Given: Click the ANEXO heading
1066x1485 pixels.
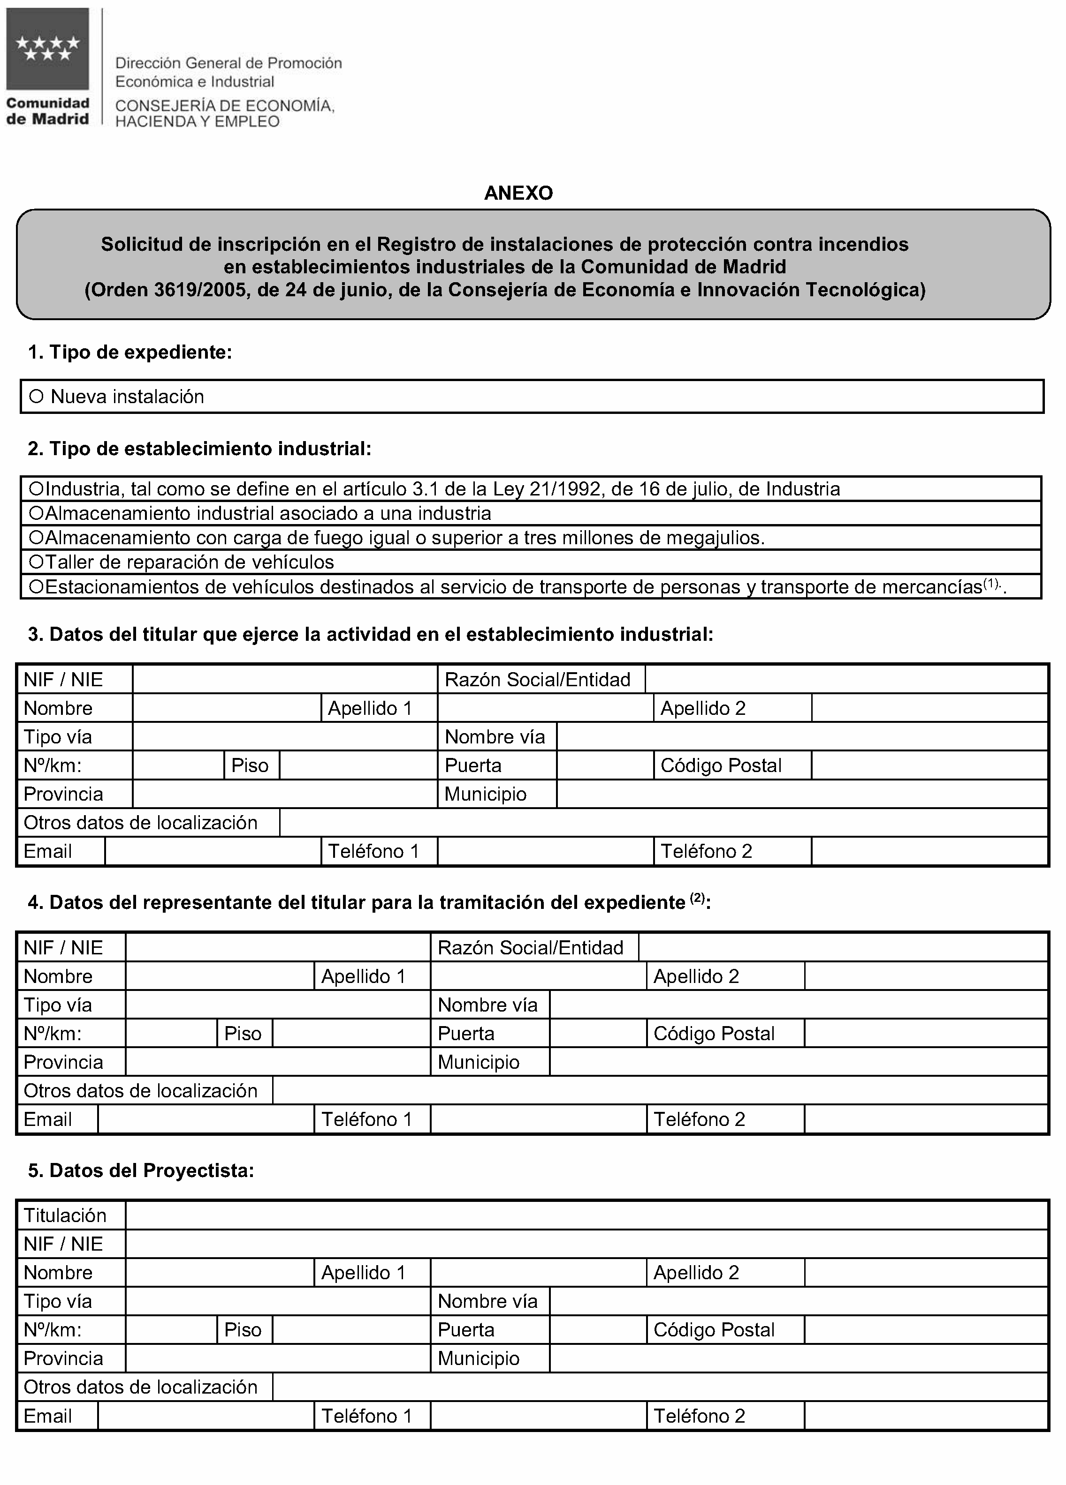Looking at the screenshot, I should (518, 193).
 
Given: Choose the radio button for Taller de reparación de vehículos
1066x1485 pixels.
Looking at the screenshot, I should (36, 562).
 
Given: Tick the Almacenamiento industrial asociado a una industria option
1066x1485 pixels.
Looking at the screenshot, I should (36, 513).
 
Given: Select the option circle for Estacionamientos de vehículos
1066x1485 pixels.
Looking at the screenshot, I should (36, 587).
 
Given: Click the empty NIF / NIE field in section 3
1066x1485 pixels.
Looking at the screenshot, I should (284, 680).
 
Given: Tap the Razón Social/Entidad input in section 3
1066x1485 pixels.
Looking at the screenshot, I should (846, 680).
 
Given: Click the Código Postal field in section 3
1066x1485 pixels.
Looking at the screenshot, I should (929, 765).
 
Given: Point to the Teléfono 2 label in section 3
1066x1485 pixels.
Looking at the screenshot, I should (706, 851).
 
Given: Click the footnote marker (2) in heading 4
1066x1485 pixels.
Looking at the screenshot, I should (697, 899).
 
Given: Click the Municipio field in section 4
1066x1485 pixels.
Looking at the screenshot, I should (798, 1062).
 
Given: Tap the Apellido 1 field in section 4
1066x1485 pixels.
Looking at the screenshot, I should (538, 976).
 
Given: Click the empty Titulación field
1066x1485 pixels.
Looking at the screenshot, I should (586, 1216).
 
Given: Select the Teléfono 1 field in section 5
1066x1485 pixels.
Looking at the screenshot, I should (538, 1416).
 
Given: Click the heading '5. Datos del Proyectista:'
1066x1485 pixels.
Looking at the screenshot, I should (141, 1171).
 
